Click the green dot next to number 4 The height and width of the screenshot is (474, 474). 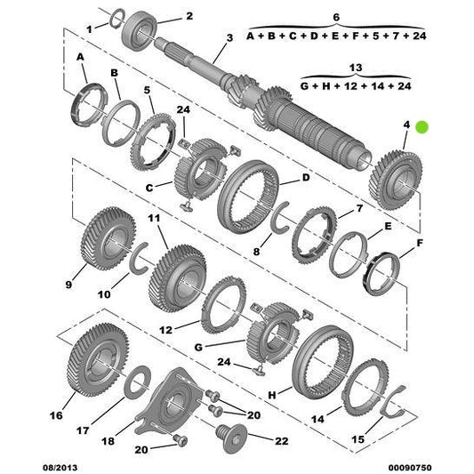[423, 127]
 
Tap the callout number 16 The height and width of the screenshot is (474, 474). [56, 414]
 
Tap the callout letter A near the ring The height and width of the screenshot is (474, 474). [81, 55]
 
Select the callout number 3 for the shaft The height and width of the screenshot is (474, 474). [229, 37]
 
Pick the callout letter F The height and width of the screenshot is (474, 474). [420, 242]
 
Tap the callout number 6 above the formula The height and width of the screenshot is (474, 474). [335, 16]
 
